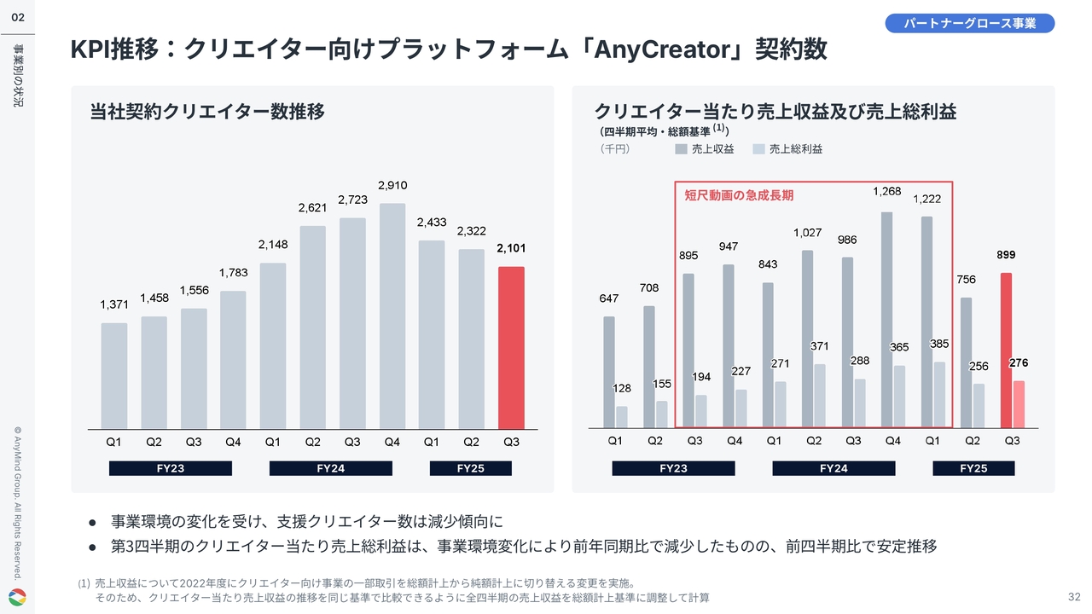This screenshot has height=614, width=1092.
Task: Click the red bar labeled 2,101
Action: [x=511, y=348]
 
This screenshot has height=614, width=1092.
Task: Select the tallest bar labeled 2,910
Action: [x=392, y=316]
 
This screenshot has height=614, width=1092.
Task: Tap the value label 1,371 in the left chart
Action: [x=114, y=304]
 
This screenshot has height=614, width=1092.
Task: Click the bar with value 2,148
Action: [x=273, y=345]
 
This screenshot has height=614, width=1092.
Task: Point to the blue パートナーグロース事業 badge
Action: [x=970, y=23]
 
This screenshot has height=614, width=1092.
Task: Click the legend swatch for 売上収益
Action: [x=681, y=149]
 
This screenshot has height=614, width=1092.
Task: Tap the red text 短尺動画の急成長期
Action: [x=739, y=195]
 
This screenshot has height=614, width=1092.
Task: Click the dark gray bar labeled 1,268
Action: [x=886, y=320]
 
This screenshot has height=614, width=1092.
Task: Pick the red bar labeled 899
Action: [x=1007, y=350]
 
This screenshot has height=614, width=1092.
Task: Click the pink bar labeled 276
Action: [x=1018, y=404]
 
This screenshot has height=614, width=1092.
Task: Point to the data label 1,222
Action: [x=926, y=199]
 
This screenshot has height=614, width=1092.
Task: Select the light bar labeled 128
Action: [x=622, y=416]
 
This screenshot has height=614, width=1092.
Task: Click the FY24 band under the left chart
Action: [x=330, y=468]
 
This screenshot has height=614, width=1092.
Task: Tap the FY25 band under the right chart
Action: [x=973, y=468]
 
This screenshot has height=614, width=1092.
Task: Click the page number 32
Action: [x=1074, y=595]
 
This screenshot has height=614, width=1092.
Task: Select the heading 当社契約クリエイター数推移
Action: [x=207, y=112]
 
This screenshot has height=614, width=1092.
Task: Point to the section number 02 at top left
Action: [x=17, y=17]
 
